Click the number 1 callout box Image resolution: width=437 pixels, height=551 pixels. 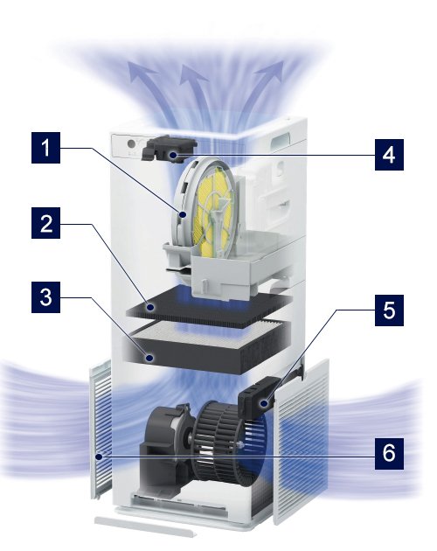point(45,148)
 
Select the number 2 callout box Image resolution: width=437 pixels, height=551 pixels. point(45,223)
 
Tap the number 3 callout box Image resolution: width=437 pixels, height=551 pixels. point(45,297)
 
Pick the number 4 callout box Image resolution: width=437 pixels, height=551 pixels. point(389,155)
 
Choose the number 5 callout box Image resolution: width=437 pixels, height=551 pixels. point(389,310)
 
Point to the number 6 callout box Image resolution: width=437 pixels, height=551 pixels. point(389,454)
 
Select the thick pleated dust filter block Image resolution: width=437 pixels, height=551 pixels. point(206,347)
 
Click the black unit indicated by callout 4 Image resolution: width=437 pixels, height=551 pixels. point(169,149)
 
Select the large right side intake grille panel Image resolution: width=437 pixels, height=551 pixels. point(302,441)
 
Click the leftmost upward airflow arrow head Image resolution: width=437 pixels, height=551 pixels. point(141,70)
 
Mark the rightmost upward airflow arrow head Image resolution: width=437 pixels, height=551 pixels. point(271,71)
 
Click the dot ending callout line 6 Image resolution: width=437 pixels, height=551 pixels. point(100,457)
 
